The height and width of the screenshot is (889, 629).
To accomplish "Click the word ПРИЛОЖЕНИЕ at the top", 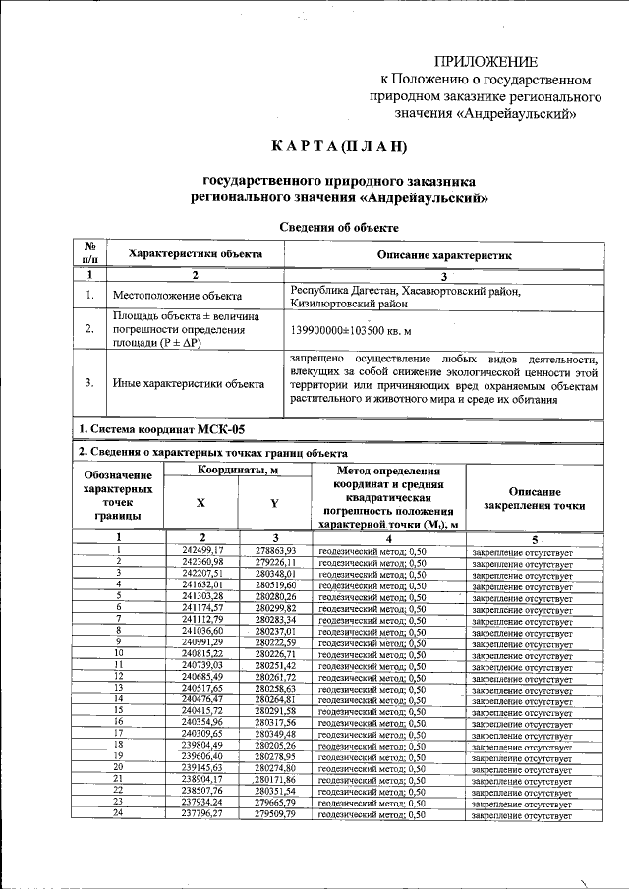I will pos(486,61).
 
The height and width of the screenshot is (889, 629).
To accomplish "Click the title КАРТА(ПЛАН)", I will pos(339,146).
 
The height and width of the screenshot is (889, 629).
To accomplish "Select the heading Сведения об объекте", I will pos(339,227).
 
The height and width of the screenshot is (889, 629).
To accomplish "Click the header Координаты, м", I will pos(240,471).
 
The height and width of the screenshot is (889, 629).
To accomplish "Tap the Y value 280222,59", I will pos(275,641).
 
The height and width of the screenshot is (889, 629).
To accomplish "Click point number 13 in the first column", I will pos(118,688).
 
